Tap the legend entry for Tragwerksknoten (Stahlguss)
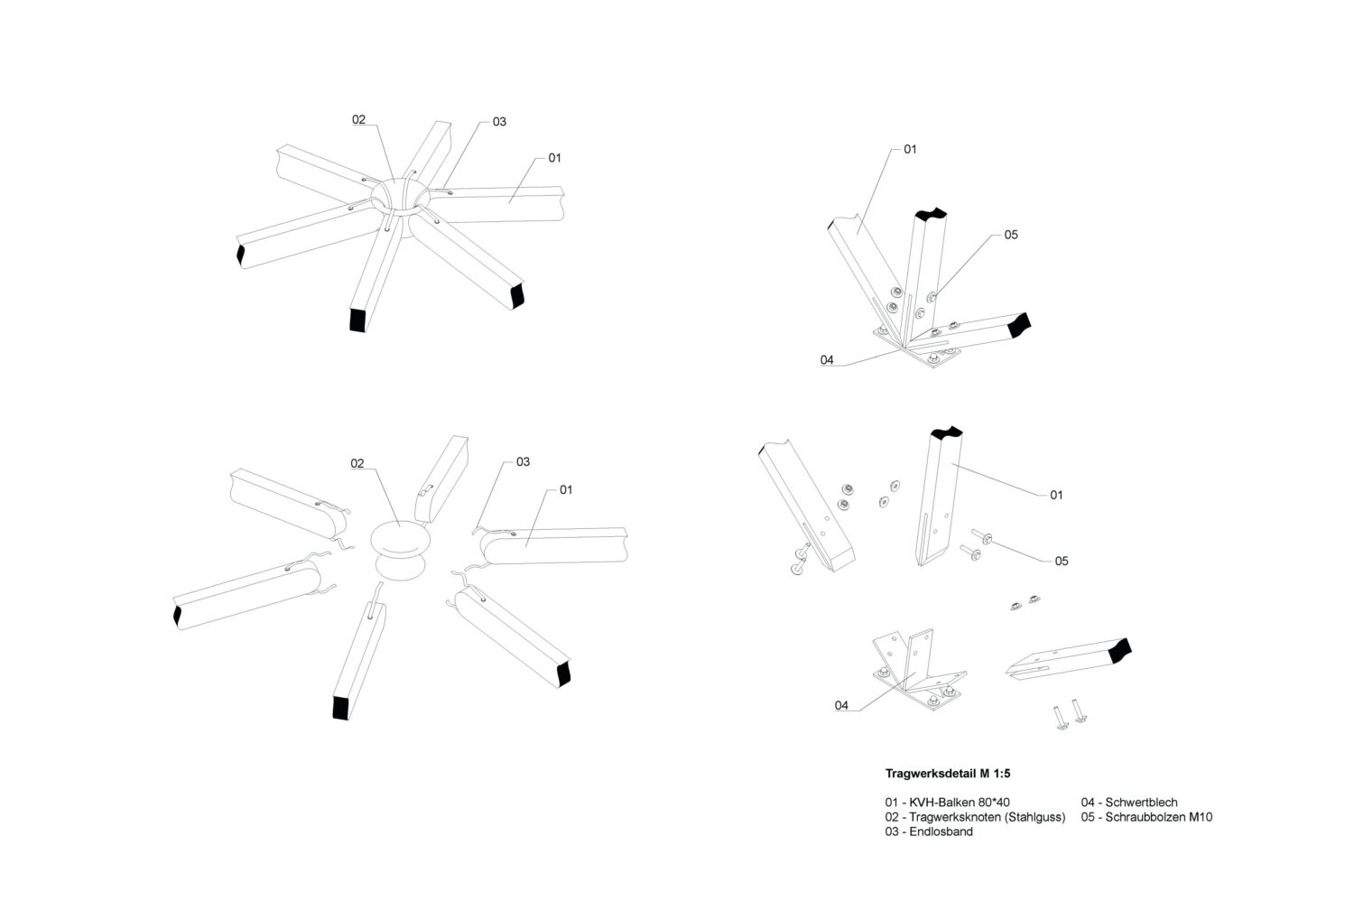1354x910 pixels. point(975,817)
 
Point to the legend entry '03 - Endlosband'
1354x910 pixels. point(929,831)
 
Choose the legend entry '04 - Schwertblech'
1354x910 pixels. point(1129,802)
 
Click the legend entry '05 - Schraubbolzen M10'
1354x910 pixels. point(1146,817)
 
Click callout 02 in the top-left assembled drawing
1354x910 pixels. point(358,119)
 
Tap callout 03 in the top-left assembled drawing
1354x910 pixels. point(499,122)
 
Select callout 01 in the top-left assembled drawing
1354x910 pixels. point(554,158)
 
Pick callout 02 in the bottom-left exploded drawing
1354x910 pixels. point(357,463)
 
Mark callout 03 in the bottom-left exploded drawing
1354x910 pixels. point(523,461)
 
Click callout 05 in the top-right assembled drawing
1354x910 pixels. point(1011,235)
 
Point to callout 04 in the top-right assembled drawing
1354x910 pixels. point(827,360)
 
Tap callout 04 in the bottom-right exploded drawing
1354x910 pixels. point(841,705)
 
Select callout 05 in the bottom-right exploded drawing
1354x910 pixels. point(1062,561)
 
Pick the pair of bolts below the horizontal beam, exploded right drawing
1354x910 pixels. point(1066,717)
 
